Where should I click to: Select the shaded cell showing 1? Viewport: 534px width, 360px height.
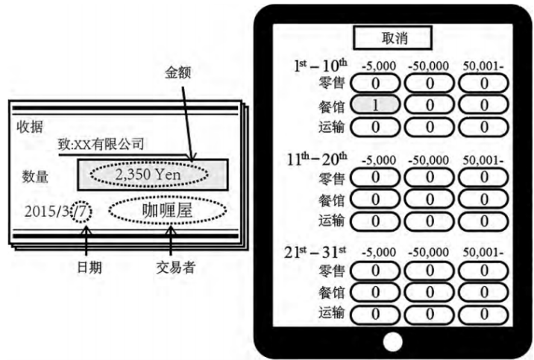point(375,105)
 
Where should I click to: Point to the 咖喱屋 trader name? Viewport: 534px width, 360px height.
point(167,210)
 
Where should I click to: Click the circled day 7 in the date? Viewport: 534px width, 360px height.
point(80,211)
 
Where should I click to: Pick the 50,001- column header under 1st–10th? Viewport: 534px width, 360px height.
point(483,66)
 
